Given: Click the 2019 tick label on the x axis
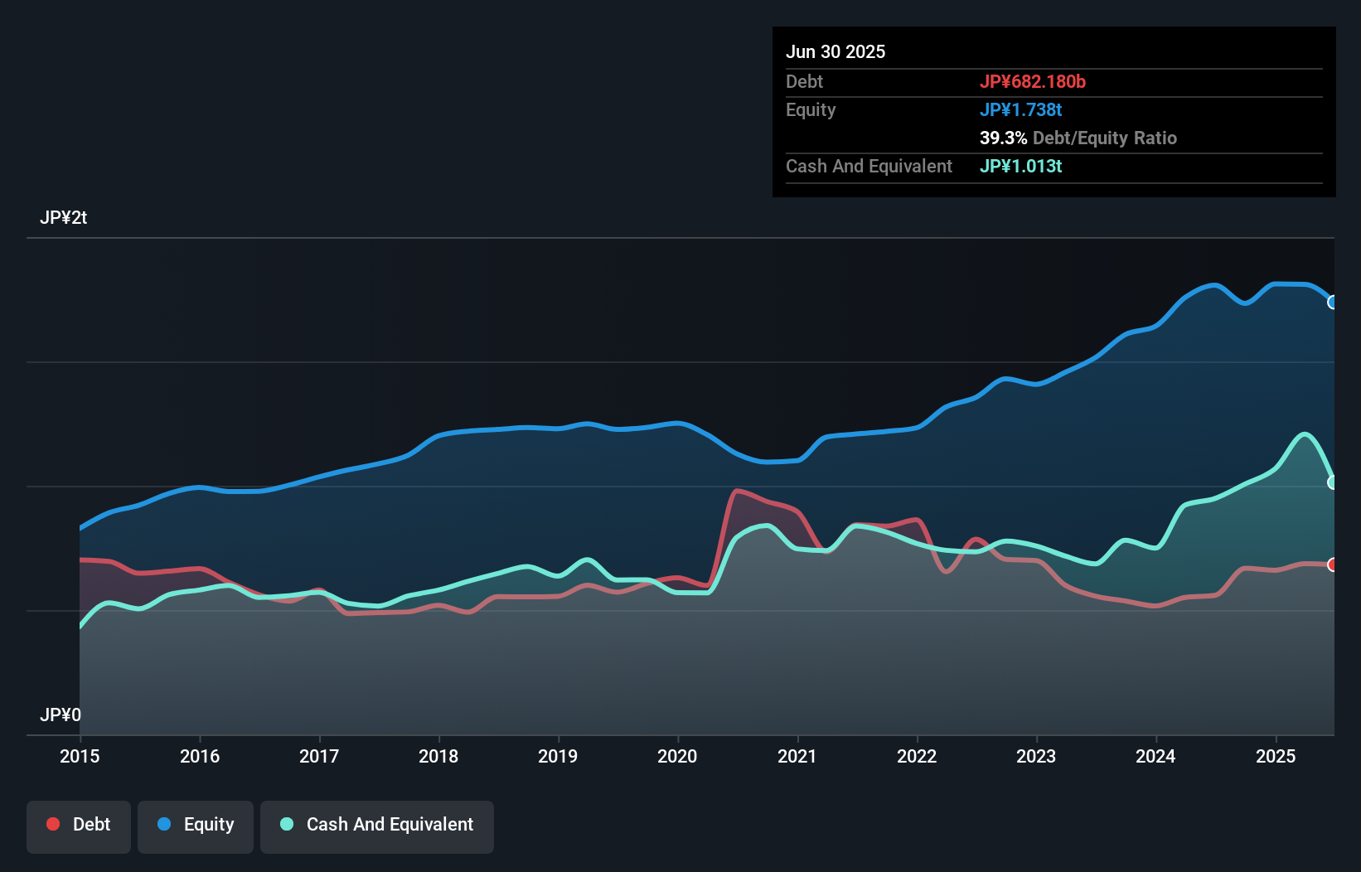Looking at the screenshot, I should [x=558, y=756].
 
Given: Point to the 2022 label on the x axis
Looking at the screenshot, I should [x=917, y=756].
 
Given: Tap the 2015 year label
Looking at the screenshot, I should [x=80, y=756].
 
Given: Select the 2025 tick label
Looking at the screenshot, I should [x=1276, y=756].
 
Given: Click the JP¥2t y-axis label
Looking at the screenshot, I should [x=63, y=218].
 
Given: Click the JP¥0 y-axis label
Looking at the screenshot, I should [x=61, y=715].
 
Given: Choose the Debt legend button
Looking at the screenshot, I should [x=79, y=825].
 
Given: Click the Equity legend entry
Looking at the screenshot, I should [x=196, y=825].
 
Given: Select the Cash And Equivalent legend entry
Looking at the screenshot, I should [x=377, y=825].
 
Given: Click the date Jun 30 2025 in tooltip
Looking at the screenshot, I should [x=835, y=51].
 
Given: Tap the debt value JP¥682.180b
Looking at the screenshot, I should [x=1033, y=81].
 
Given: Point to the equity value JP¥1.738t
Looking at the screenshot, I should [x=1020, y=109].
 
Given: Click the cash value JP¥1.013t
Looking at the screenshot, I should [x=1020, y=166].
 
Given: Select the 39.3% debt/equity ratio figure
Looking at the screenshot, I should [x=1003, y=138].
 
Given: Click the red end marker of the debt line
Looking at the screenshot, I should [x=1333, y=564].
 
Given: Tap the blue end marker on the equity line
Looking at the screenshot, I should [x=1333, y=303].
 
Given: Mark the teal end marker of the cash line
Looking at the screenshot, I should [x=1333, y=482].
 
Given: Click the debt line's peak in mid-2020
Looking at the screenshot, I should [x=737, y=491].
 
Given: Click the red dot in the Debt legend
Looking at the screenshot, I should [x=53, y=824].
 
